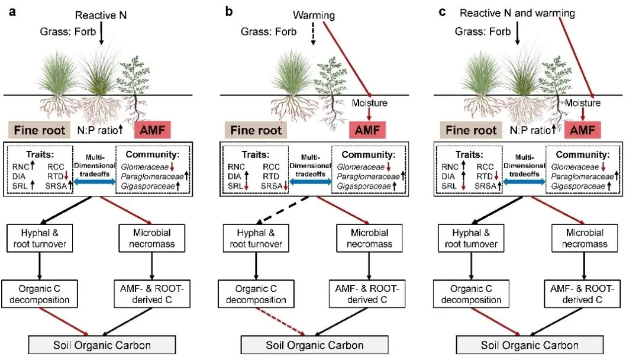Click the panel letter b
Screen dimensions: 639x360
coord(229,11)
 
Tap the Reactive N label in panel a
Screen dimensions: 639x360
coord(101,15)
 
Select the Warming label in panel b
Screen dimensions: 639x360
coord(314,15)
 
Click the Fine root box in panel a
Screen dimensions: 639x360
coord(39,130)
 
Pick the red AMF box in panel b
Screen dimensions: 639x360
coord(367,130)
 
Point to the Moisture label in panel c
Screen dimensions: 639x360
coord(582,103)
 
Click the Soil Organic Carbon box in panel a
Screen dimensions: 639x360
coord(102,345)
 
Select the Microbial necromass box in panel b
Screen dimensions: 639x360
coord(369,238)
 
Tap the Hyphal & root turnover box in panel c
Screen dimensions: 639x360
coord(471,238)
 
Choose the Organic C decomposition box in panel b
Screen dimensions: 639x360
coord(256,294)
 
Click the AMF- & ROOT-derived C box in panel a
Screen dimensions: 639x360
coord(151,294)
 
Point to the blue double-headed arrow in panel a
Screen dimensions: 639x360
coord(95,182)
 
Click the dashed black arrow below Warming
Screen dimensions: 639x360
coord(313,33)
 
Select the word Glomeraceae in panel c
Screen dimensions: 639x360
coord(575,167)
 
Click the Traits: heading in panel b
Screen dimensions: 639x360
coord(256,155)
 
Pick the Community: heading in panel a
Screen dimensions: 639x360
coord(153,155)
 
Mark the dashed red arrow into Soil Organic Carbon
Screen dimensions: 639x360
coord(281,322)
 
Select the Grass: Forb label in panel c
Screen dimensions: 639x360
coord(483,31)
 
